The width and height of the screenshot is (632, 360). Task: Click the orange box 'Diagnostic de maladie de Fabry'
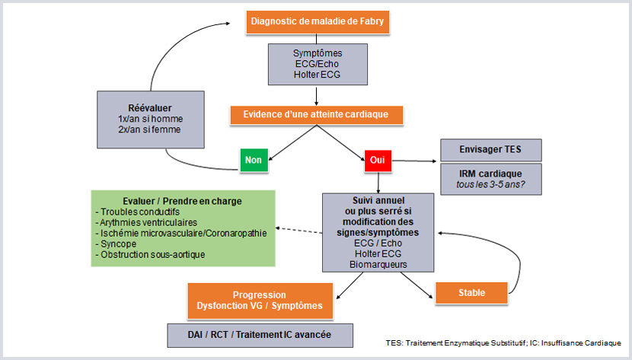(318, 21)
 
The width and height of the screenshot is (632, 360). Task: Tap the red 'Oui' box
(377, 161)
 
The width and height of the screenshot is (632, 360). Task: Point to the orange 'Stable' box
(471, 292)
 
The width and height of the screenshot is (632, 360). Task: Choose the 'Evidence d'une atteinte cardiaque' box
(316, 115)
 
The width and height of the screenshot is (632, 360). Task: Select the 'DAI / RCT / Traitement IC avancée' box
(250, 333)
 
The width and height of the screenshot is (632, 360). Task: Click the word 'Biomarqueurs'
(378, 264)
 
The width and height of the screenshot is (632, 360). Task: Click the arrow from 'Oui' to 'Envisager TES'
(414, 161)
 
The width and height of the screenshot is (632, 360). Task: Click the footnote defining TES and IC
(503, 344)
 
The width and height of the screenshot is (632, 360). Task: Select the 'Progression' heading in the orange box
(260, 295)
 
